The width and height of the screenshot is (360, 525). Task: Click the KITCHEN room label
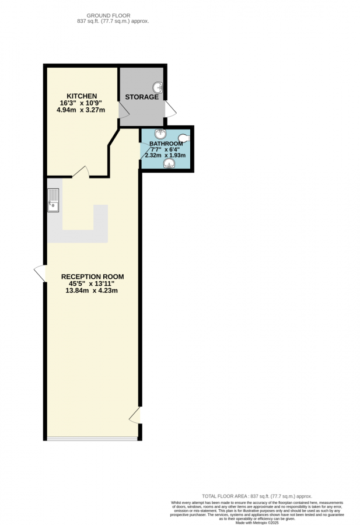tap(82, 96)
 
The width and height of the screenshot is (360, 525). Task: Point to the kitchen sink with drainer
tap(54, 199)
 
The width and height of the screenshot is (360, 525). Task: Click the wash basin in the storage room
tap(158, 88)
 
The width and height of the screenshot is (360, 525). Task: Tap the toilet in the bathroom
tap(184, 139)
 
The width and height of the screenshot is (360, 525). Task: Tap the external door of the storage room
tap(170, 109)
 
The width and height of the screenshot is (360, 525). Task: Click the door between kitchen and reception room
tap(81, 171)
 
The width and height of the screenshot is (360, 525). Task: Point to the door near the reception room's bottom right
tap(135, 415)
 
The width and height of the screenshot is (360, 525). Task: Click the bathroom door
tap(144, 150)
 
